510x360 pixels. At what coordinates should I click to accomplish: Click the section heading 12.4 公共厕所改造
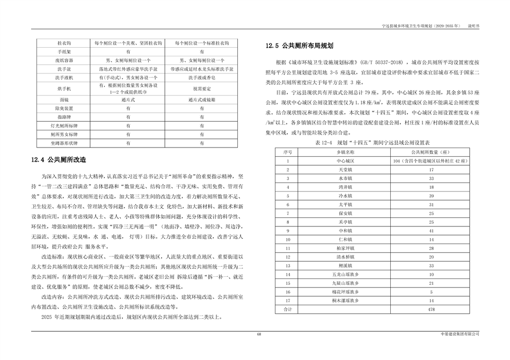(59, 159)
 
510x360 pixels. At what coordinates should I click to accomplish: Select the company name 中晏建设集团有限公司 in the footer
(458, 334)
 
